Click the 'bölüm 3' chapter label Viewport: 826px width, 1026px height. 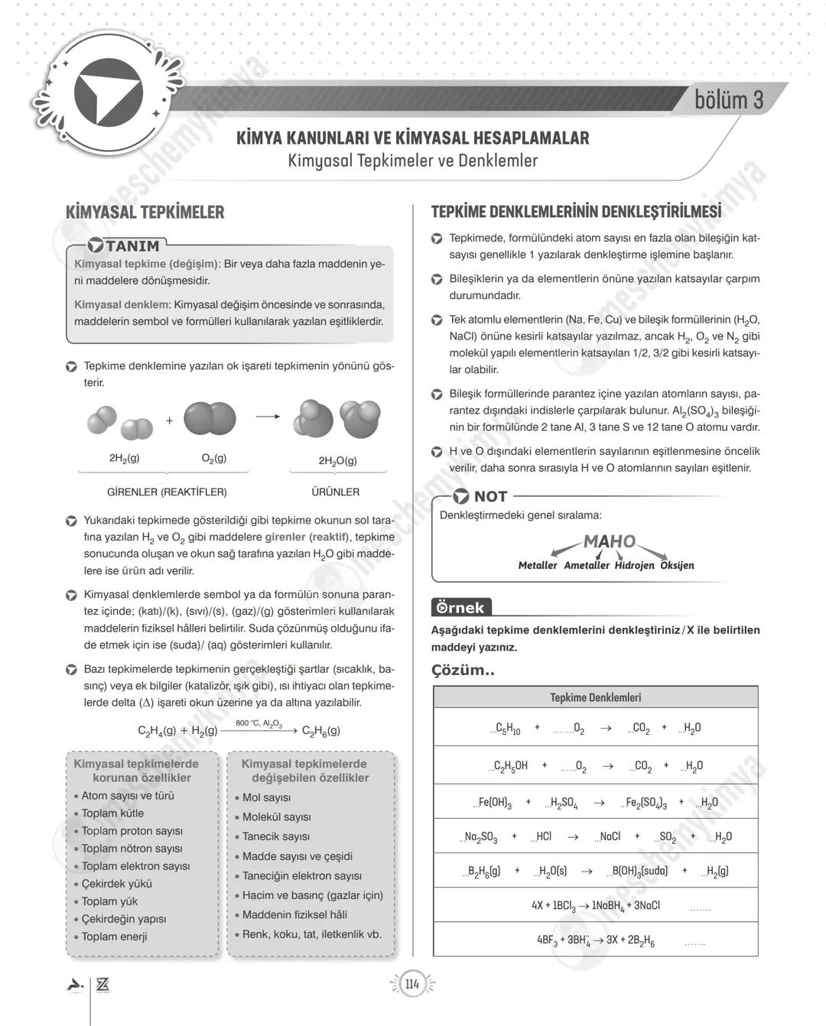click(728, 99)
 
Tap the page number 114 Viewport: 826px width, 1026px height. click(412, 984)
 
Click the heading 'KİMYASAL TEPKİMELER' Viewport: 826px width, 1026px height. click(145, 212)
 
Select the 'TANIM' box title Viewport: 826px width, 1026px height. click(132, 246)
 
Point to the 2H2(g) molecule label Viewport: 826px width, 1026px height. click(124, 458)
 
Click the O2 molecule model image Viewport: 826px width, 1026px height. click(210, 419)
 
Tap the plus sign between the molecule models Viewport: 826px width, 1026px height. click(169, 420)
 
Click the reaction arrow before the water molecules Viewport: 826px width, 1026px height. click(268, 417)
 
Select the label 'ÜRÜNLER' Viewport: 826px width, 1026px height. click(335, 492)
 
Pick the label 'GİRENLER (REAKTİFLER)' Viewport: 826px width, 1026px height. click(167, 492)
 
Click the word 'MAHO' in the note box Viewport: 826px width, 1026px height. click(609, 541)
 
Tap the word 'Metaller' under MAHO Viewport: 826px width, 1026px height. click(538, 566)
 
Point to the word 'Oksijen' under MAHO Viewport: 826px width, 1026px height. click(677, 566)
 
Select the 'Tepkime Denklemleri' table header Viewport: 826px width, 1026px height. click(595, 697)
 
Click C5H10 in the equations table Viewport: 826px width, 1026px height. click(508, 729)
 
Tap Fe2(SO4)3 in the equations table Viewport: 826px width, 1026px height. click(646, 803)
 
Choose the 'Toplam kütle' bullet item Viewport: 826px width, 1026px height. click(112, 813)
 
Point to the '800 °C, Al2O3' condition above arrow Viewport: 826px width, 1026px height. click(259, 723)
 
